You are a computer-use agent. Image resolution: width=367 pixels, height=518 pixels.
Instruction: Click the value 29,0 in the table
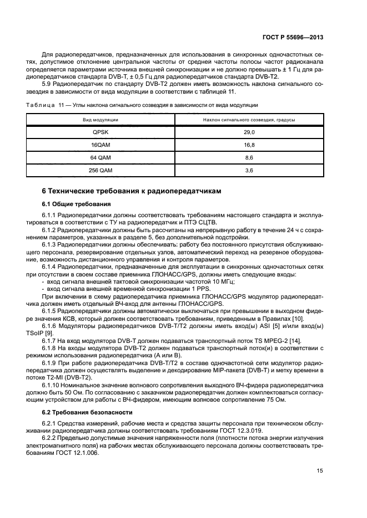pos(249,132)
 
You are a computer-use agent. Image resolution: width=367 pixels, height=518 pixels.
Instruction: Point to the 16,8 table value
pos(249,145)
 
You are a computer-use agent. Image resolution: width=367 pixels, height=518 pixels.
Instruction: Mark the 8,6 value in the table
pos(249,158)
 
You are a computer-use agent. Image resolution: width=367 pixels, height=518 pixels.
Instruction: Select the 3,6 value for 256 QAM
pos(249,171)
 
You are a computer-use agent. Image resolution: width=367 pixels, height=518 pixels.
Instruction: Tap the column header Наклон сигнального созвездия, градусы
pos(249,120)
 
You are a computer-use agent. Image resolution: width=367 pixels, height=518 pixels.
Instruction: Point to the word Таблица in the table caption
pos(54,105)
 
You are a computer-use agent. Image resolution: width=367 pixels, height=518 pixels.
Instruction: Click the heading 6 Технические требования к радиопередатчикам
pos(132,191)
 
